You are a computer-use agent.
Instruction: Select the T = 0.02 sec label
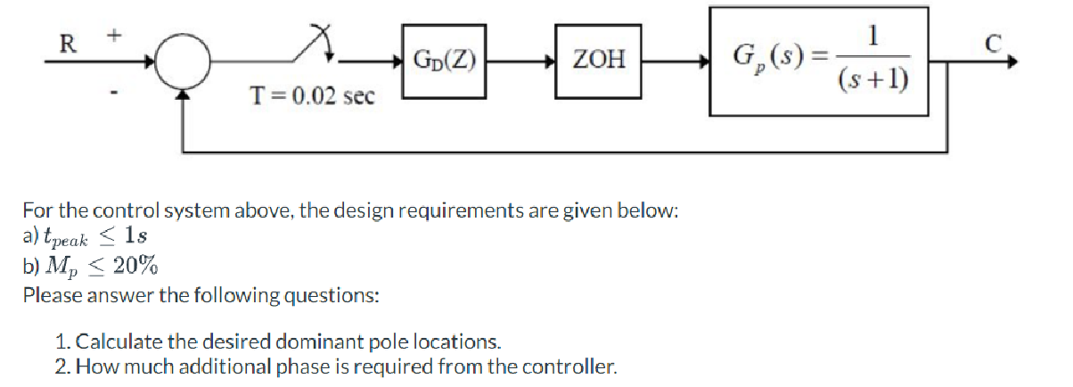(x=311, y=95)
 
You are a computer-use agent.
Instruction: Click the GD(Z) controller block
(x=443, y=62)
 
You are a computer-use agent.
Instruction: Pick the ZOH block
(x=598, y=62)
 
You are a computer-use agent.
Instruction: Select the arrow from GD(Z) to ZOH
(x=520, y=62)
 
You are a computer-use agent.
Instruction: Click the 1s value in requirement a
(x=135, y=237)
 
